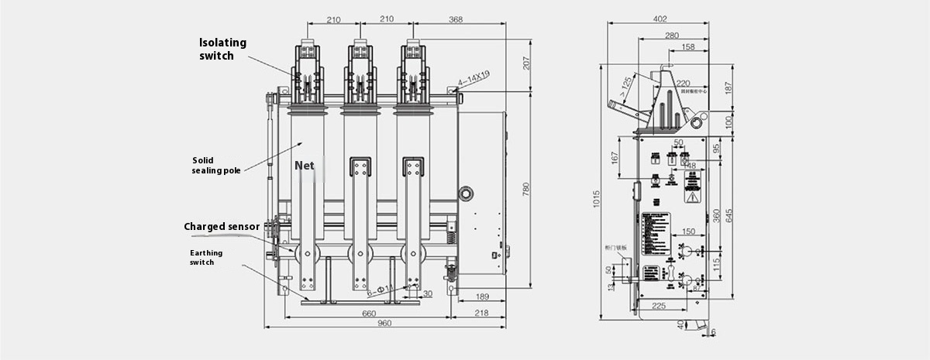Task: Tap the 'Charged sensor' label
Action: coord(222,227)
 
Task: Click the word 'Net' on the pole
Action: coord(303,166)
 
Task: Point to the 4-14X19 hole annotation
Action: coord(474,77)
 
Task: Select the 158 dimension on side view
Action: coord(687,48)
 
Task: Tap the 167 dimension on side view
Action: coord(614,157)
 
